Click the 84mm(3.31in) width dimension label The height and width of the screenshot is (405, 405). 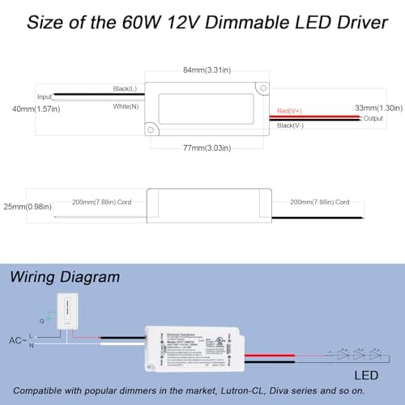pos(205,70)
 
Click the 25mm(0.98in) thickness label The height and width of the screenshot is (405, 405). pos(24,205)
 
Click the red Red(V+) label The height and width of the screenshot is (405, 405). pos(291,110)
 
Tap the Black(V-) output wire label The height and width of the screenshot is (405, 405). pos(291,126)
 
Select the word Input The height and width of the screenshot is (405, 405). pos(45,96)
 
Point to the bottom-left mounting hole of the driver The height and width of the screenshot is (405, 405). pos(148,128)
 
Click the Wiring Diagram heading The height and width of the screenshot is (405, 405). pos(65,276)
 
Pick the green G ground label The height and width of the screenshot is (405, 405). pos(42,321)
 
